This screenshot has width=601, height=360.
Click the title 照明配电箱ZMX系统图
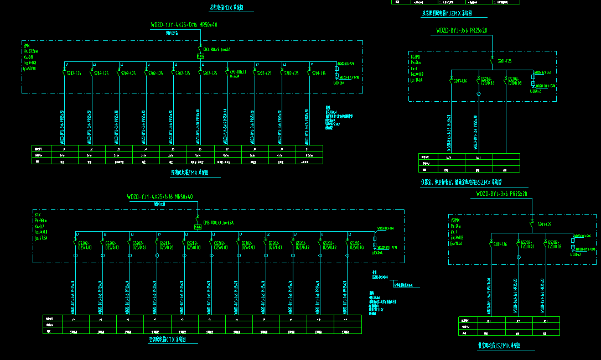[190, 173]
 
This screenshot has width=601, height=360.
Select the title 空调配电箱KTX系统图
[167, 339]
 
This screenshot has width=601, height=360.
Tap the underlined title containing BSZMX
[460, 182]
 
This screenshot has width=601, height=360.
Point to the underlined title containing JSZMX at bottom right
[499, 346]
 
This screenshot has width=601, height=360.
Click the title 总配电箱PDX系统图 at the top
[226, 7]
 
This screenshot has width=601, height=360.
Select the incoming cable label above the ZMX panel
[184, 25]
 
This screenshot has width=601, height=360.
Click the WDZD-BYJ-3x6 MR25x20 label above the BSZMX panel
[462, 30]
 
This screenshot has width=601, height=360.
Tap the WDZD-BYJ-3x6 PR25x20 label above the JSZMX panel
[502, 194]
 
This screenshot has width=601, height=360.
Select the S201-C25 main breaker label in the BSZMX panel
[504, 60]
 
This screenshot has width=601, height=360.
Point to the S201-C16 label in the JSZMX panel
[500, 243]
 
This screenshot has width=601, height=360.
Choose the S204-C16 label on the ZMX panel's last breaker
[318, 73]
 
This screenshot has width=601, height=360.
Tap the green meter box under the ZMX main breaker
[200, 56]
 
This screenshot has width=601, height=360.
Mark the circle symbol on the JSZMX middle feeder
[519, 258]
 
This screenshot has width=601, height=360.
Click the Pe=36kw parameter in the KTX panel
[41, 220]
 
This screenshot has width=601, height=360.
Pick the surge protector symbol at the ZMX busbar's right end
[336, 71]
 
